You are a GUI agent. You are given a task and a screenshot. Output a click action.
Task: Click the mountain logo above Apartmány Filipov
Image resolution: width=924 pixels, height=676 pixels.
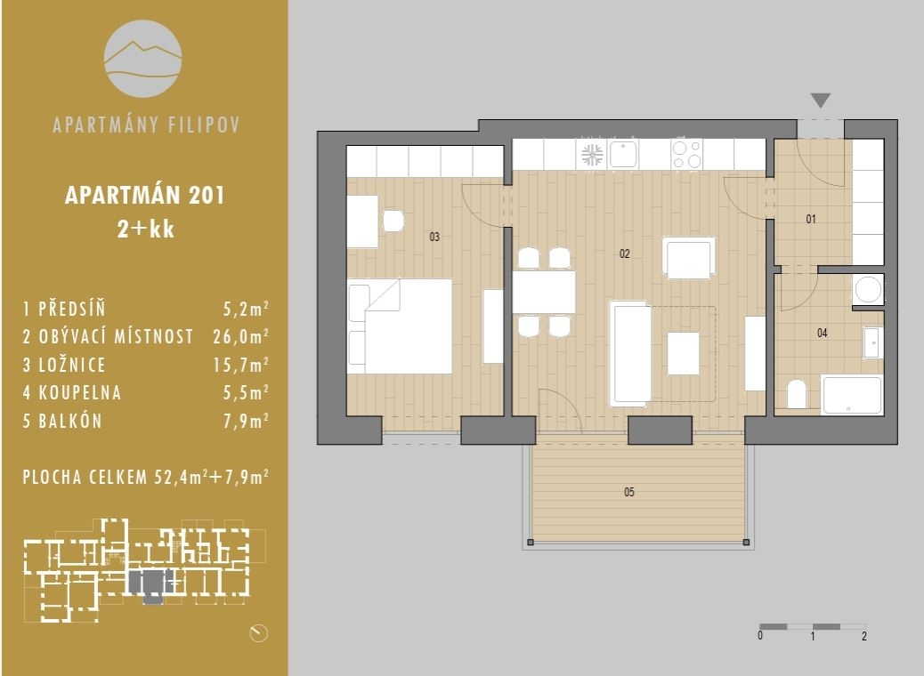(143, 58)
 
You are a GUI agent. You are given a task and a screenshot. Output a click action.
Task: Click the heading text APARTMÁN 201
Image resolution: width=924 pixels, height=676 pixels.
(144, 196)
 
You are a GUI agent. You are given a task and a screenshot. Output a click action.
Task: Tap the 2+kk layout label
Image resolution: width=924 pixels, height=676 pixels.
(144, 230)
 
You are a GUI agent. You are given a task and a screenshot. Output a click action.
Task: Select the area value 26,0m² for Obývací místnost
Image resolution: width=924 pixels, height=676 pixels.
(246, 337)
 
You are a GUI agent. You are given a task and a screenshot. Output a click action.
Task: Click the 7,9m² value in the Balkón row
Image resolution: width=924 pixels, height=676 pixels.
(246, 421)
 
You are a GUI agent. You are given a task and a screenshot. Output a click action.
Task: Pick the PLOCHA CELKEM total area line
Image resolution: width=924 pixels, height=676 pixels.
(146, 477)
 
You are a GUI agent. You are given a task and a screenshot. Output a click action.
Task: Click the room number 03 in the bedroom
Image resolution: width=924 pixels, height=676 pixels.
(434, 237)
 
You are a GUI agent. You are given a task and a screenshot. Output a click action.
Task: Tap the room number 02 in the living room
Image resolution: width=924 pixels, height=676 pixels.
(625, 253)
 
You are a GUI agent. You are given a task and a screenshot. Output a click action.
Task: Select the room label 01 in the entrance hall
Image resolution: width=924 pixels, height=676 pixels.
(811, 219)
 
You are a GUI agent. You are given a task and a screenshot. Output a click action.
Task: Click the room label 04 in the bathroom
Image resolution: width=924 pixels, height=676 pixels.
(822, 334)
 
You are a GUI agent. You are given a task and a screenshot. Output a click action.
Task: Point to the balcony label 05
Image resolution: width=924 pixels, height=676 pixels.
(629, 492)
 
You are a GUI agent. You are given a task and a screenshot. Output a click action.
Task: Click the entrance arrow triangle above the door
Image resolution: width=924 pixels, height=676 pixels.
(821, 101)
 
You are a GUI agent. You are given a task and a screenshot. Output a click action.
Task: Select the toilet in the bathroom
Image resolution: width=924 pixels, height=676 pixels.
(797, 394)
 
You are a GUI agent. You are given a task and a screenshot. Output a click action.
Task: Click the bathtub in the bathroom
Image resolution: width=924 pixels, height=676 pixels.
(852, 395)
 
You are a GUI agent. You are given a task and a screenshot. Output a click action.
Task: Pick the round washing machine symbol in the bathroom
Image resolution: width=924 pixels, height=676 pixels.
(867, 289)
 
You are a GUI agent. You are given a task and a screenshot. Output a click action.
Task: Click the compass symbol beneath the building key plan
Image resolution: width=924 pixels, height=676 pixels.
(259, 632)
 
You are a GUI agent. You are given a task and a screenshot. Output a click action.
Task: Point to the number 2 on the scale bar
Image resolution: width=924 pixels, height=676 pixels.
(864, 636)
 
